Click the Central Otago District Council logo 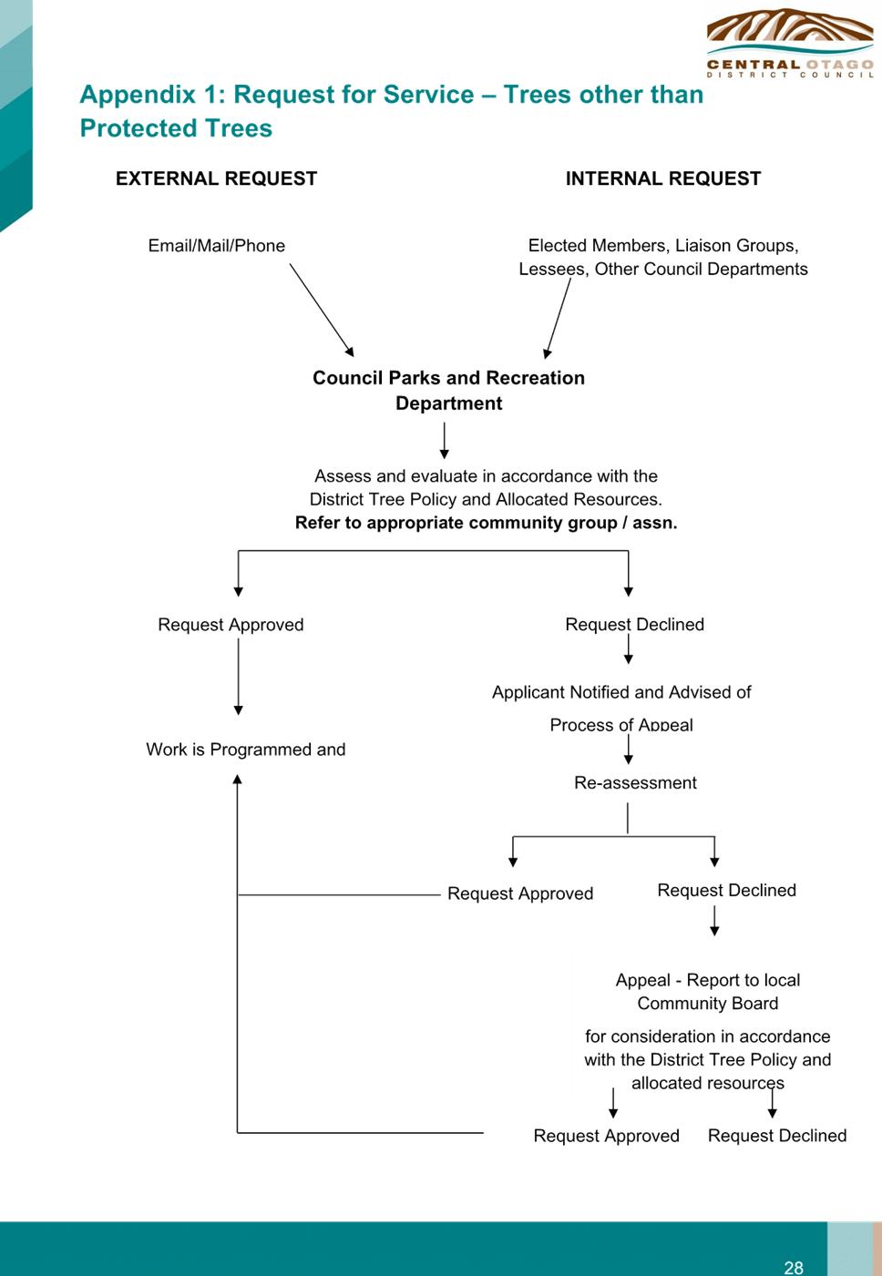pyautogui.click(x=790, y=43)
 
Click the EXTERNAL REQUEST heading pyautogui.click(x=216, y=179)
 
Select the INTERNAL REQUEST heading pyautogui.click(x=662, y=179)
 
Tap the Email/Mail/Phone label pyautogui.click(x=217, y=246)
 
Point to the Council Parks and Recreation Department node pyautogui.click(x=448, y=390)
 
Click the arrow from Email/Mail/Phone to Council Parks pyautogui.click(x=322, y=310)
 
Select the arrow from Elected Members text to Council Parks pyautogui.click(x=558, y=318)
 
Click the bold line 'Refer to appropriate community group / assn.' pyautogui.click(x=486, y=523)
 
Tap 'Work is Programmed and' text pyautogui.click(x=246, y=749)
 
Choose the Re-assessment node pyautogui.click(x=635, y=782)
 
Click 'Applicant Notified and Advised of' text pyautogui.click(x=621, y=692)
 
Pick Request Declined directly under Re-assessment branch pyautogui.click(x=726, y=891)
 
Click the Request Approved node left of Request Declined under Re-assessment pyautogui.click(x=520, y=893)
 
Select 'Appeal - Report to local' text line pyautogui.click(x=708, y=980)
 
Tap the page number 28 pyautogui.click(x=794, y=1268)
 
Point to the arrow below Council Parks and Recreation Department pyautogui.click(x=445, y=440)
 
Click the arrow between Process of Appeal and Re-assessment pyautogui.click(x=628, y=749)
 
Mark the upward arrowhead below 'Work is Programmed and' pyautogui.click(x=238, y=780)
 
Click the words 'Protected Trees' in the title pyautogui.click(x=176, y=128)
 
